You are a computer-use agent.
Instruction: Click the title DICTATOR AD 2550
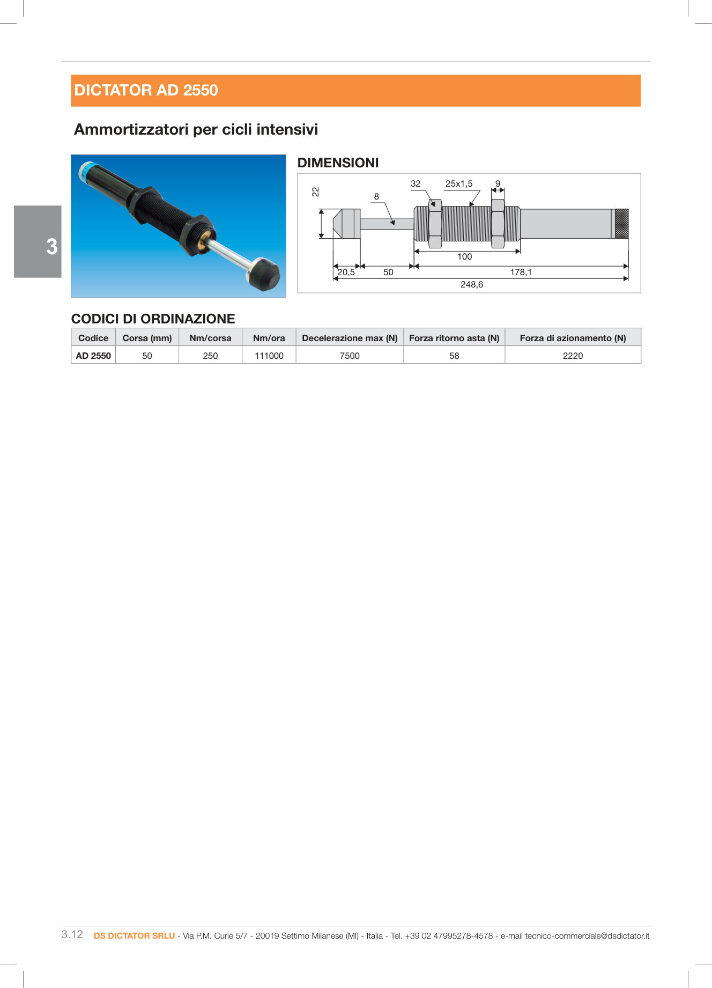(146, 90)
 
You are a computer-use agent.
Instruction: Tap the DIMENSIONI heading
(338, 163)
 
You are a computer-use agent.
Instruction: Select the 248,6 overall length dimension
(471, 285)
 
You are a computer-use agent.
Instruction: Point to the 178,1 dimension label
(521, 272)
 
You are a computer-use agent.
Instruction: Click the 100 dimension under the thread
(464, 257)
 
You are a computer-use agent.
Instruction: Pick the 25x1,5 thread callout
(459, 184)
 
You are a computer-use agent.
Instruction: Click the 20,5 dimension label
(346, 272)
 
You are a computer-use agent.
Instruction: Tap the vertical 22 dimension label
(316, 192)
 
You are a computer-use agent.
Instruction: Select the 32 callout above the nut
(416, 184)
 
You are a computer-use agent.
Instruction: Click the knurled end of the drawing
(621, 224)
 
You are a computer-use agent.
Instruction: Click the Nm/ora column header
(269, 338)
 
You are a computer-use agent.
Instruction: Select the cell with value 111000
(269, 356)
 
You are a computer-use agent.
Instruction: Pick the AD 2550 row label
(93, 356)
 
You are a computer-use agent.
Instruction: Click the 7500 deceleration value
(350, 356)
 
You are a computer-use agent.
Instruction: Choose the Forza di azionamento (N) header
(573, 338)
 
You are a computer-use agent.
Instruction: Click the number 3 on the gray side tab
(51, 247)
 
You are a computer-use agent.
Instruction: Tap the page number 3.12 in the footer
(72, 934)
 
